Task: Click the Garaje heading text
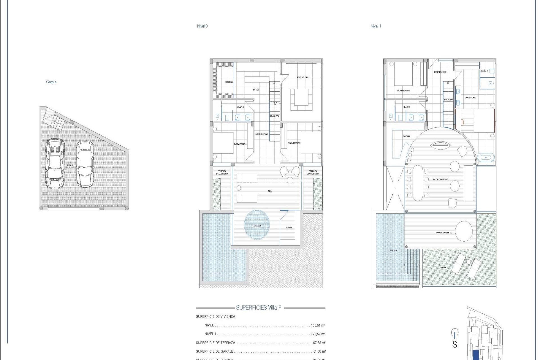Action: pos(51,82)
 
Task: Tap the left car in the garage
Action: pos(55,163)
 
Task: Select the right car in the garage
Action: pos(85,164)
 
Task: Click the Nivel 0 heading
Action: pos(202,26)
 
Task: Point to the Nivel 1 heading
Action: pos(376,26)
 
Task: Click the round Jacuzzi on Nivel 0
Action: pos(257,225)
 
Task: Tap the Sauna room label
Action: pos(289,228)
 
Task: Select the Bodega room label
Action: pos(229,82)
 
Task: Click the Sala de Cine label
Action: pos(302,77)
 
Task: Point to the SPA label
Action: pos(270,191)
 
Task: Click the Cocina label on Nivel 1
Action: pos(406,136)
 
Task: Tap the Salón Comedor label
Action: pos(440,179)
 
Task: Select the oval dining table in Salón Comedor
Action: pos(417,183)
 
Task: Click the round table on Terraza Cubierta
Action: pos(464,231)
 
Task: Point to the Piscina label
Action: pos(393,250)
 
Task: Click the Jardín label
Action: pos(443,267)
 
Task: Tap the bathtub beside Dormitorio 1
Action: pos(486,157)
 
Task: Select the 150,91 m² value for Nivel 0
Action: pos(318,325)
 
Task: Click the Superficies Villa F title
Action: pos(258,308)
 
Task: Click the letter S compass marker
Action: pos(454,344)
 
